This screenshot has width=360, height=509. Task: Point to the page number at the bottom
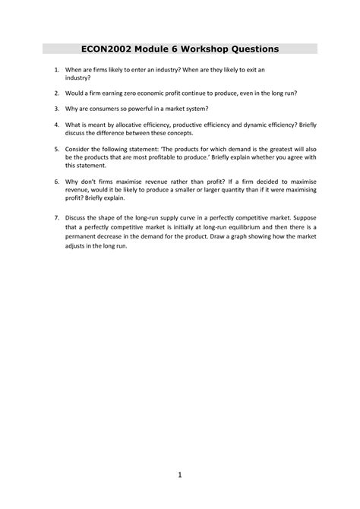(x=180, y=477)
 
